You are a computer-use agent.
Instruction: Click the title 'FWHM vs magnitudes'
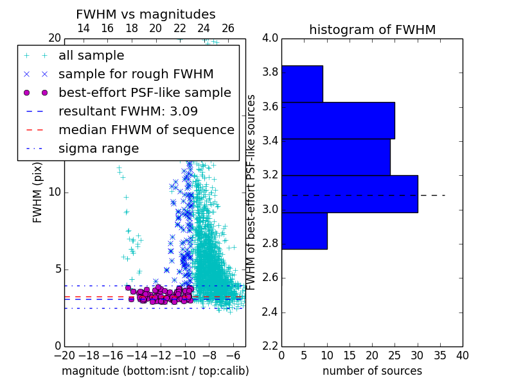(146, 14)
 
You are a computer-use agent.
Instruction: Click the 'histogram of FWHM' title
(373, 30)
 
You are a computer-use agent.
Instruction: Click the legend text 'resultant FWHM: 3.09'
(128, 111)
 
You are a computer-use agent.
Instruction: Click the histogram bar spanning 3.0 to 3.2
(350, 194)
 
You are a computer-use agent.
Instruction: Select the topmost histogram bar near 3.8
(302, 84)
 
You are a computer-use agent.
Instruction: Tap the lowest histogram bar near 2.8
(305, 231)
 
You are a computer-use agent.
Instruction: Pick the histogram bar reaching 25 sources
(339, 121)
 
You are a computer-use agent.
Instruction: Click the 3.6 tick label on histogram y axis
(270, 107)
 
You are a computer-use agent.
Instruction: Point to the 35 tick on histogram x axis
(440, 355)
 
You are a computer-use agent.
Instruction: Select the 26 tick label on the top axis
(228, 28)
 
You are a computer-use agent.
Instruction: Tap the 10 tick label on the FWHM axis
(55, 192)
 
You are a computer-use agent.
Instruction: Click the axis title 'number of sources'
(373, 371)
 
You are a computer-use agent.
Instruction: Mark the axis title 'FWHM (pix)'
(37, 193)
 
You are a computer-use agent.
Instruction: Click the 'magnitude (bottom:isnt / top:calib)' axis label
(155, 371)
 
